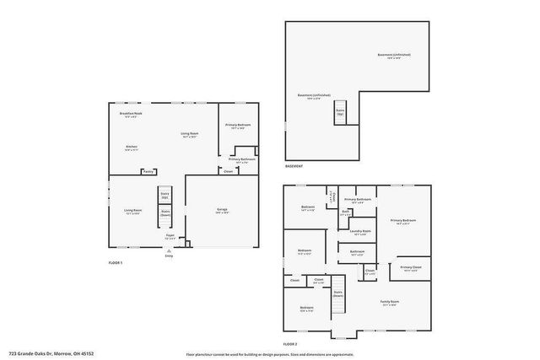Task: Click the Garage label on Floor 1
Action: [x=222, y=211]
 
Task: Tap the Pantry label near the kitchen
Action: [x=148, y=171]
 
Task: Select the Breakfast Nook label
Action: [x=131, y=114]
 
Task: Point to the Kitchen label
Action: [x=132, y=148]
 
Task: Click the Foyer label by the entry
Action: [x=170, y=236]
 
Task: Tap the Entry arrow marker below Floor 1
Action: [x=170, y=250]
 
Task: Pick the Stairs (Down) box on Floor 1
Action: [x=165, y=214]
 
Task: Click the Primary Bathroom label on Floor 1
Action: [x=242, y=159]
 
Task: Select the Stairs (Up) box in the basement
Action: [x=341, y=112]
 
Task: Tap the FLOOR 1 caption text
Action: [x=116, y=263]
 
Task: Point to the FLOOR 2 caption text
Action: [x=291, y=344]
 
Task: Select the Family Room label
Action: [x=389, y=302]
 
